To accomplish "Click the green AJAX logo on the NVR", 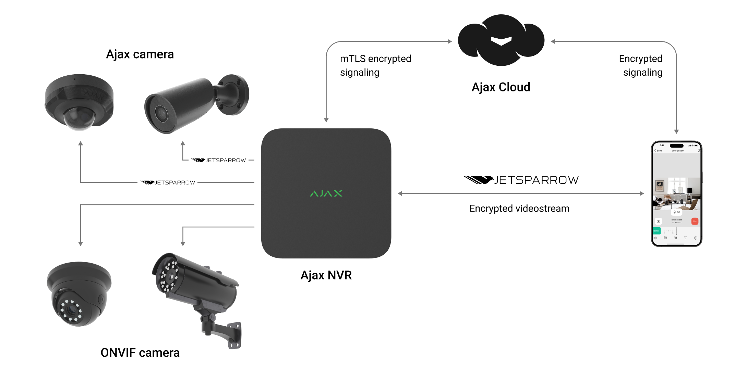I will (x=326, y=193).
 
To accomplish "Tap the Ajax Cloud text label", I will (x=501, y=87).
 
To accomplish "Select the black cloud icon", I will (x=501, y=40).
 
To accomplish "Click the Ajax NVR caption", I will (x=326, y=275).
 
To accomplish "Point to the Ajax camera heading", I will (x=140, y=54).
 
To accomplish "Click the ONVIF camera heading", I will (x=140, y=353).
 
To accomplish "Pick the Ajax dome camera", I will (x=79, y=102).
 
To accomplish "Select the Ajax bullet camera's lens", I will (x=161, y=113).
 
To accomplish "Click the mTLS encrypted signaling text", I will (x=375, y=65).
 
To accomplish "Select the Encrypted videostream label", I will (x=519, y=208).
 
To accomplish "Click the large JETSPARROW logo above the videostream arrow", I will (x=521, y=180).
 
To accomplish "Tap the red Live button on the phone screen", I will (x=695, y=221).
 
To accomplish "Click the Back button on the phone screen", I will (x=658, y=151).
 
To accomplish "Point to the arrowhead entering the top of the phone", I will (x=676, y=131).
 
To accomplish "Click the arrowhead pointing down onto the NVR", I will (x=326, y=120).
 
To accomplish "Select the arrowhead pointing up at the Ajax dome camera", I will (x=81, y=143).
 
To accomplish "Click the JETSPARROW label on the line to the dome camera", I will (x=168, y=182).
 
